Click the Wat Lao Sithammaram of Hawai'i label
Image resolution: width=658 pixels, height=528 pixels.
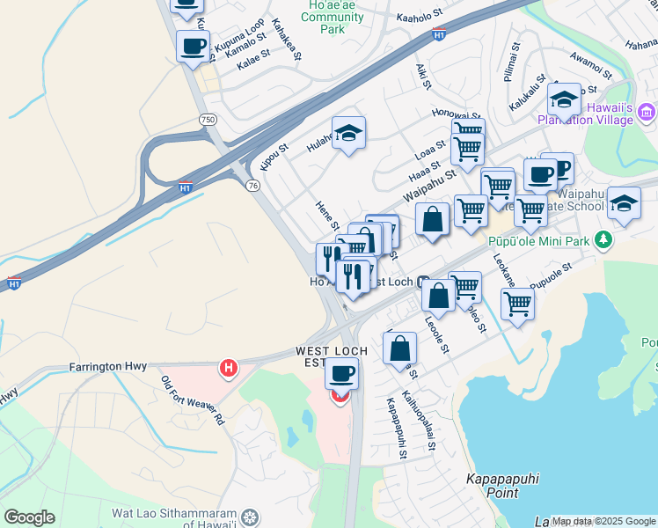pyautogui.click(x=175, y=518)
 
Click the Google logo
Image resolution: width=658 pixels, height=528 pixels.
pyautogui.click(x=29, y=517)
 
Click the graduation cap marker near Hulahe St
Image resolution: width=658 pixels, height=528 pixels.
pyautogui.click(x=349, y=133)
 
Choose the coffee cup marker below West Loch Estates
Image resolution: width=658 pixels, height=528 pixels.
pyautogui.click(x=341, y=373)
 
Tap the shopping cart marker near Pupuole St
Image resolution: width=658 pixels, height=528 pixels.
pyautogui.click(x=517, y=304)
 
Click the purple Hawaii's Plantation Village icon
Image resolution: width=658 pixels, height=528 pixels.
pyautogui.click(x=647, y=112)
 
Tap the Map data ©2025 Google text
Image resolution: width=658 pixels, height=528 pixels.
pyautogui.click(x=603, y=521)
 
